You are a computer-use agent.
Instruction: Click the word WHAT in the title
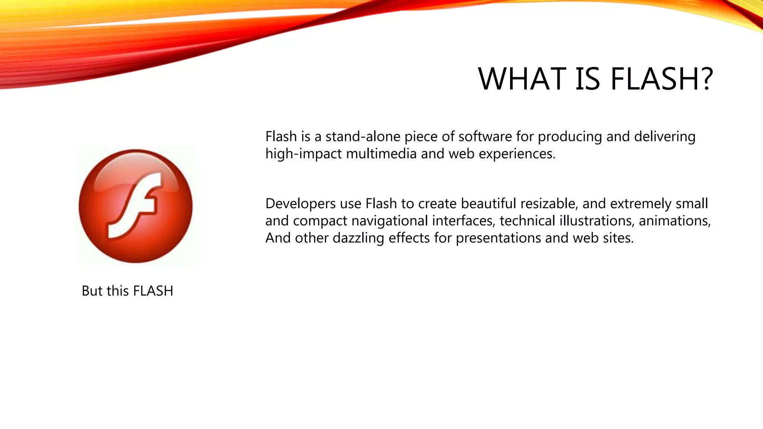click(x=522, y=79)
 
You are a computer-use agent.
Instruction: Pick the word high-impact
click(x=303, y=154)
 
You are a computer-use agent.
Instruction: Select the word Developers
click(x=300, y=204)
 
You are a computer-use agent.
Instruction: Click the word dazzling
click(x=358, y=238)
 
